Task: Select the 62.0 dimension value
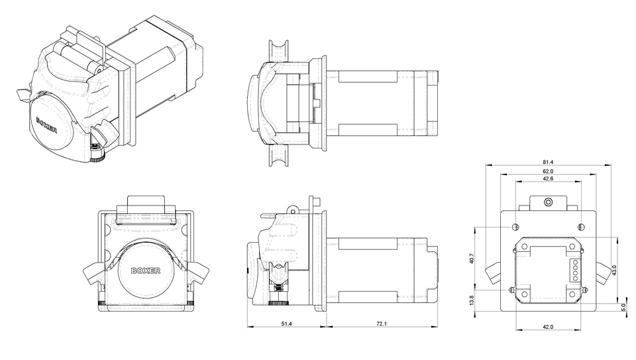[547, 171]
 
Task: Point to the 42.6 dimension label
[547, 179]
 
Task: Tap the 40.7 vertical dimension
[471, 259]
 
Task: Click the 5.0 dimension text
[623, 308]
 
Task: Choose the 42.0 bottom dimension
[547, 326]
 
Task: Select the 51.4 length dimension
[286, 323]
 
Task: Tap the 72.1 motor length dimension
[382, 323]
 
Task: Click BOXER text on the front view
[146, 270]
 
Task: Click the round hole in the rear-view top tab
[547, 201]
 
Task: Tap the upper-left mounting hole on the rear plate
[515, 227]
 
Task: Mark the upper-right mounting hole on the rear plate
[580, 227]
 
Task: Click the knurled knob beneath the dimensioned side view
[279, 303]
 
